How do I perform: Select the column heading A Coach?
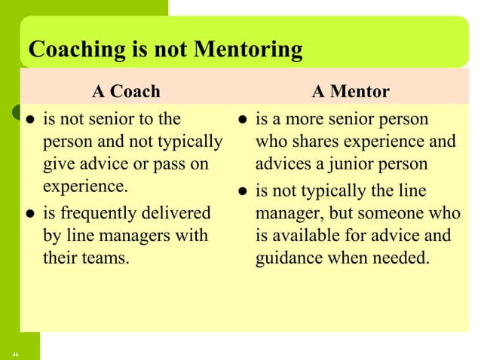(x=126, y=92)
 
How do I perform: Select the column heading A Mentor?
(x=351, y=92)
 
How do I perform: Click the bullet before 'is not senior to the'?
(x=29, y=120)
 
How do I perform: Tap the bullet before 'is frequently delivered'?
(x=29, y=215)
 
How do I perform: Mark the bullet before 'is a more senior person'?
(x=241, y=120)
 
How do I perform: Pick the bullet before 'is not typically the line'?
(x=241, y=191)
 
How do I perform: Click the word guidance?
(x=290, y=259)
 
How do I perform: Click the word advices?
(x=283, y=165)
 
